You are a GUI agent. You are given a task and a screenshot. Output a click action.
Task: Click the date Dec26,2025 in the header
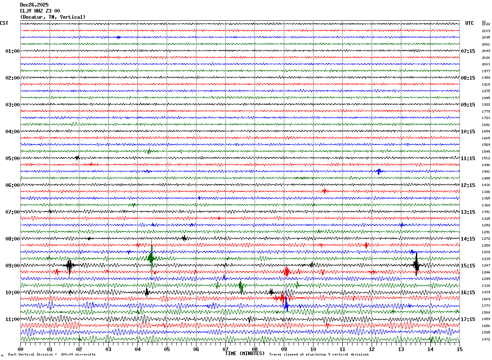[34, 5]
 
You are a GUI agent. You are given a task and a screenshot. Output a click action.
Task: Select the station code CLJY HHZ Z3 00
[40, 11]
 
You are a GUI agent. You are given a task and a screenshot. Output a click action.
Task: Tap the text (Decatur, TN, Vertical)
[53, 17]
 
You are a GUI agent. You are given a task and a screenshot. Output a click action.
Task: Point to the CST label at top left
[4, 23]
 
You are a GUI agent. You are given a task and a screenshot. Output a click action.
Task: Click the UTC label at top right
[470, 23]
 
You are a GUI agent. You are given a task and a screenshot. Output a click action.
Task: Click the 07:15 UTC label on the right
[468, 51]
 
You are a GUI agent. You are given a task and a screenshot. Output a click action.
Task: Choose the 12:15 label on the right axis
[468, 185]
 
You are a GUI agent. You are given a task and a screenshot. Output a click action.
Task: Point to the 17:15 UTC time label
[468, 319]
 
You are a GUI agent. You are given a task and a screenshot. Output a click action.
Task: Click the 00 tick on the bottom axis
[20, 349]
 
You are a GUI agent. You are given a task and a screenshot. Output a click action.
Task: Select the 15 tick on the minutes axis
[459, 349]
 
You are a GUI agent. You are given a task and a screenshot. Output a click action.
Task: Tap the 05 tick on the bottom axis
[167, 349]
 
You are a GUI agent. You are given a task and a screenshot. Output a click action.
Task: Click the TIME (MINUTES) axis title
[245, 353]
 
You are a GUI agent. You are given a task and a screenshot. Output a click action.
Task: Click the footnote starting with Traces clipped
[319, 355]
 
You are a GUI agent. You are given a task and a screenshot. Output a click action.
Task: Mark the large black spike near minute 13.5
[416, 265]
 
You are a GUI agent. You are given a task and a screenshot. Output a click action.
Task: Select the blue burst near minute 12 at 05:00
[379, 171]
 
